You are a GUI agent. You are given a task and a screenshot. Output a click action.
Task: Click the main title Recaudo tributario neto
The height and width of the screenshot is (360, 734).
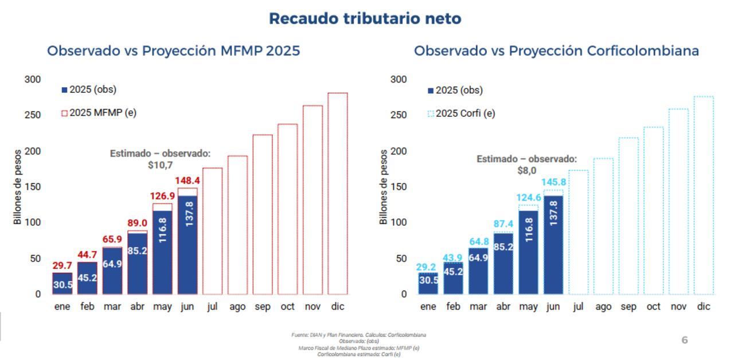(x=365, y=18)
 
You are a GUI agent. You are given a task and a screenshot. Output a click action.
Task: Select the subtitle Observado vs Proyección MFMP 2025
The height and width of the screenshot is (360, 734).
(x=173, y=50)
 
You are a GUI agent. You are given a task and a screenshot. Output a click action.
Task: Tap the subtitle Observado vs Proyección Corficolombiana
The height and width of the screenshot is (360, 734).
(x=556, y=50)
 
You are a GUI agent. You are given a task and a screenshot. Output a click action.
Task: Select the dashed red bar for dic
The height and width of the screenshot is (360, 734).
(x=338, y=195)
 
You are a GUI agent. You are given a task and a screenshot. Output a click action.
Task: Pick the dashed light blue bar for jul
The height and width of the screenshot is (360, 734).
(x=578, y=232)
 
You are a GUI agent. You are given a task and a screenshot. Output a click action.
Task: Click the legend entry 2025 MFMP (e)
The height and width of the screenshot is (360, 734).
(x=98, y=113)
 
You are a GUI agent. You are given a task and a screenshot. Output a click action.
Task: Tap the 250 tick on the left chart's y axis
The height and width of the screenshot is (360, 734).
(x=33, y=115)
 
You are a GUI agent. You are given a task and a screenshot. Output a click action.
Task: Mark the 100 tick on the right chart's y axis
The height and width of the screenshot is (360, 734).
(x=399, y=222)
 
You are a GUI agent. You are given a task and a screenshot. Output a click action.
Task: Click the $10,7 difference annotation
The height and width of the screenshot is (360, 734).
(x=160, y=165)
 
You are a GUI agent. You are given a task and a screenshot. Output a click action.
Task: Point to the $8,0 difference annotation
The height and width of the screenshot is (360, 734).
(x=527, y=170)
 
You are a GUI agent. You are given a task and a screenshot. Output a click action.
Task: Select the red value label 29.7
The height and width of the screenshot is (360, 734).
(x=62, y=265)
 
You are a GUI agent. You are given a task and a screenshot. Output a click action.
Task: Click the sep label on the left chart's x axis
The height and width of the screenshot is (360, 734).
(x=263, y=307)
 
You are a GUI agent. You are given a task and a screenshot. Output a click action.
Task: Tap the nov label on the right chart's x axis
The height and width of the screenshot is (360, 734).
(x=678, y=307)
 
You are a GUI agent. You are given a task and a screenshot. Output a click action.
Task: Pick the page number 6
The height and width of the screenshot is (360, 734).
(x=684, y=341)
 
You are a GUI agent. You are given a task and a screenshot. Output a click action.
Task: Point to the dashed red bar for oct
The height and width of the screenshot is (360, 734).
(x=287, y=209)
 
